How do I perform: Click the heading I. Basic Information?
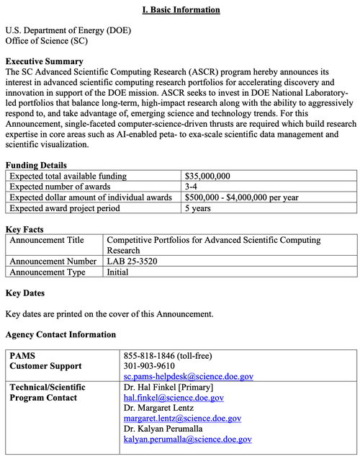180,9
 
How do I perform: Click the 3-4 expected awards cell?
193,187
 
